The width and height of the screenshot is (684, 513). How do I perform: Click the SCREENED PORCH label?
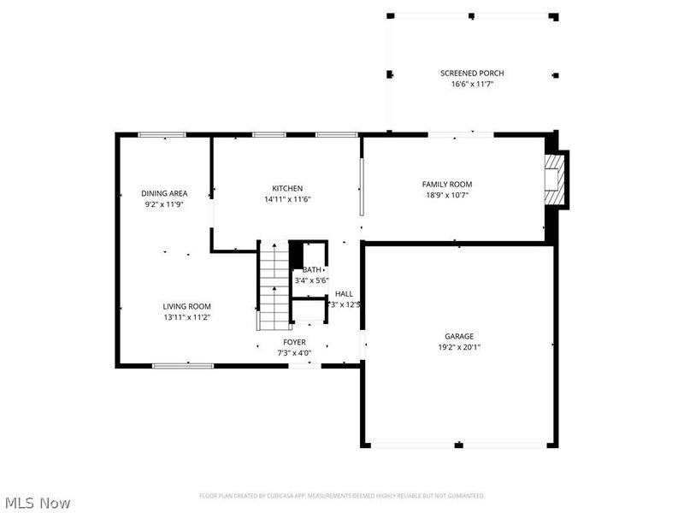click(472, 74)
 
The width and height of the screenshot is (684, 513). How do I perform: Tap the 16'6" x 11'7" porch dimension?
click(472, 84)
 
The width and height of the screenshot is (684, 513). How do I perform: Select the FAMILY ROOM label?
click(446, 184)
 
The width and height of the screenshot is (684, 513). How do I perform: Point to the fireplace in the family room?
click(557, 180)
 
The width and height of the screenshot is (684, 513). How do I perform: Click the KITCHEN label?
click(287, 188)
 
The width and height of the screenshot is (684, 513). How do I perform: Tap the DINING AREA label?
click(164, 193)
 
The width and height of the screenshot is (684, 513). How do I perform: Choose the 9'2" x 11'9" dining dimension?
click(164, 203)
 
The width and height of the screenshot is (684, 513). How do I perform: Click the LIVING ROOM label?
click(187, 306)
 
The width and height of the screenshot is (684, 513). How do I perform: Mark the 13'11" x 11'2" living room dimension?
click(187, 316)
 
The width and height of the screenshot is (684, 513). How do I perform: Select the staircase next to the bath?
click(274, 286)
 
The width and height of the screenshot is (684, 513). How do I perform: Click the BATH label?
click(312, 269)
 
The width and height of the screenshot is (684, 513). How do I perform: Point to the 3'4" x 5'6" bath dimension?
click(312, 280)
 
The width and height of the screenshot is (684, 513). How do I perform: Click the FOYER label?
click(294, 343)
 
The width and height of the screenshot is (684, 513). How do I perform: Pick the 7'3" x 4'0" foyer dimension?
click(294, 352)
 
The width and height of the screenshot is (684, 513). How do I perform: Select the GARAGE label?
click(458, 336)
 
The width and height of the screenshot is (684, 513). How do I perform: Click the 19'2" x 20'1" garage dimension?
click(458, 346)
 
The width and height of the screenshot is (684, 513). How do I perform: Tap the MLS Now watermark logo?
click(38, 503)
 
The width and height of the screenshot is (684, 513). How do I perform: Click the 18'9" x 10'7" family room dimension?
click(446, 194)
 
